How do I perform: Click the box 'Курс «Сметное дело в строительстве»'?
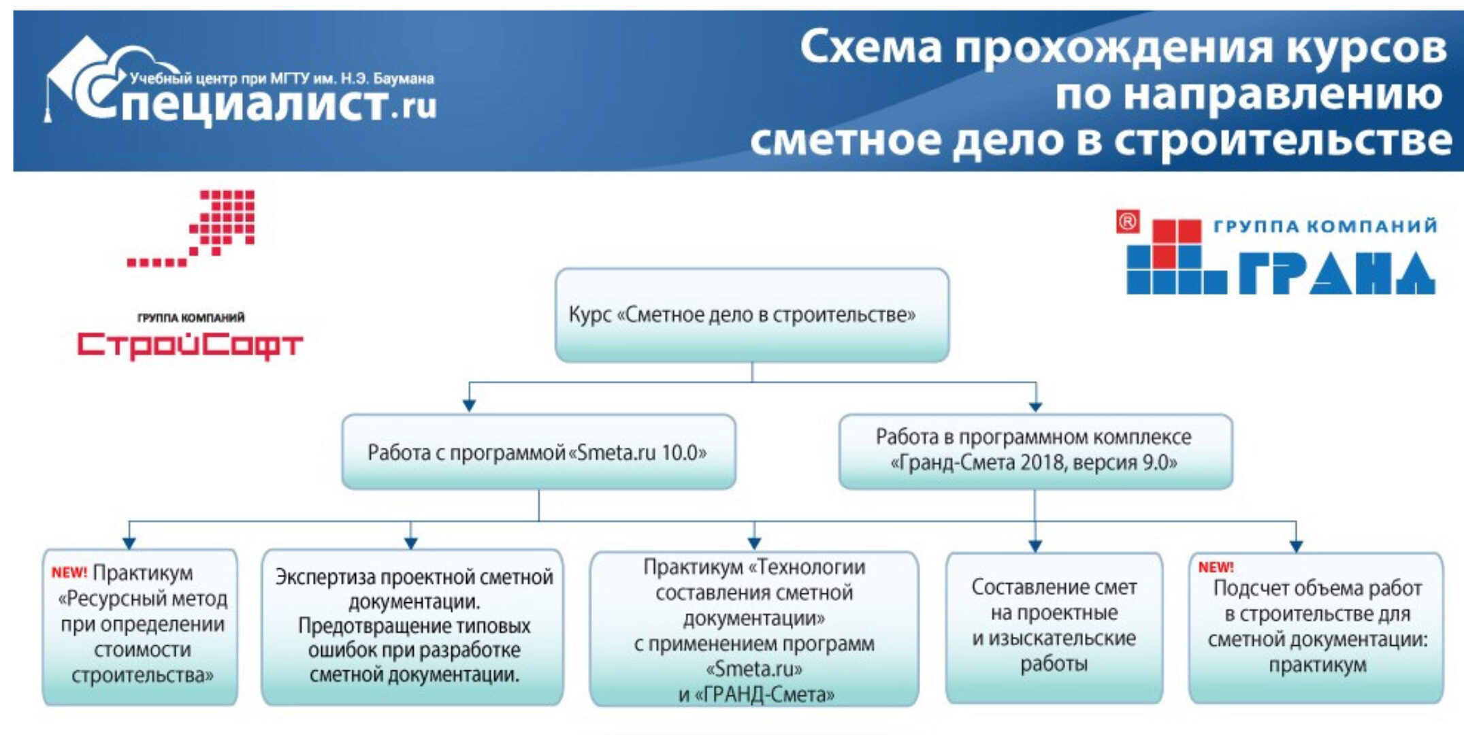click(x=751, y=314)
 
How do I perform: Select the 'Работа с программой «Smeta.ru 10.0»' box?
click(x=538, y=452)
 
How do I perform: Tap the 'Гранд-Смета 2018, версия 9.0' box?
click(x=1035, y=451)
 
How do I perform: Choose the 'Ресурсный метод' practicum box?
click(x=140, y=626)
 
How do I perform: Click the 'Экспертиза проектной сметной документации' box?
click(x=412, y=626)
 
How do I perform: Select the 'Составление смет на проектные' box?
click(x=1054, y=626)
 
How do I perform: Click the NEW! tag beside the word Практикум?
click(x=69, y=572)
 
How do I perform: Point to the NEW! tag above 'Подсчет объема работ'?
click(x=1216, y=567)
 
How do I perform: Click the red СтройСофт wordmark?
click(x=190, y=345)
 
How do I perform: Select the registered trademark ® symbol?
click(x=1127, y=222)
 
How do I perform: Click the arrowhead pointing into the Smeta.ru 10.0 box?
click(x=469, y=406)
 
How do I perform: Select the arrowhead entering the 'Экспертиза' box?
click(x=410, y=542)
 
